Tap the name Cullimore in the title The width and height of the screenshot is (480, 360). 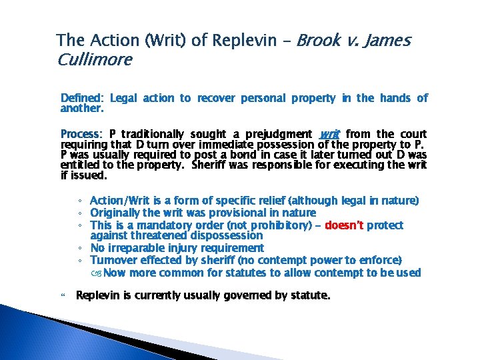tap(95, 60)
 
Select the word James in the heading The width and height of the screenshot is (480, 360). tap(387, 41)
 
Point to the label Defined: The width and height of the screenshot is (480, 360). tap(79, 98)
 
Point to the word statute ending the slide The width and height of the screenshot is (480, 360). tap(309, 295)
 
